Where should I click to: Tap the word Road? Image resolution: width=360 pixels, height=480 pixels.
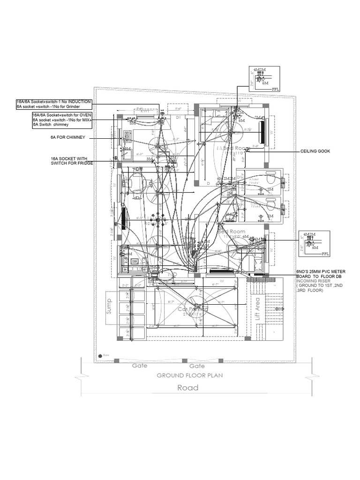pos(187,388)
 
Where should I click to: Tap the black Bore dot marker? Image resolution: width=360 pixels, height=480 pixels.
pos(99,356)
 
